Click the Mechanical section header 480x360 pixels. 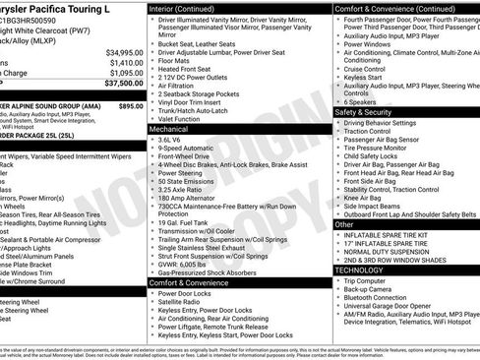(x=171, y=129)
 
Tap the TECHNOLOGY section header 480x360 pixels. (x=359, y=269)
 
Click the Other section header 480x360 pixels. (x=344, y=224)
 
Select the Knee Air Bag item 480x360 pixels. (x=368, y=197)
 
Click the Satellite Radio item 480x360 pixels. (x=184, y=302)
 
